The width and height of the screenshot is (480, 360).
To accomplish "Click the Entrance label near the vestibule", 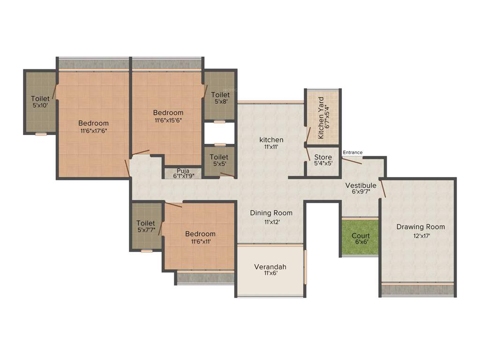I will point(352,152).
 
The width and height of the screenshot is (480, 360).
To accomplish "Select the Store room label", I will point(323,157).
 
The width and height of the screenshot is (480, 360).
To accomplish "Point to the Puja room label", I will point(183,171).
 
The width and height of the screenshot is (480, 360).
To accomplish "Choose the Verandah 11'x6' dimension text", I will point(270,273).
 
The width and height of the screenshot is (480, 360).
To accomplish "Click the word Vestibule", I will point(361,185).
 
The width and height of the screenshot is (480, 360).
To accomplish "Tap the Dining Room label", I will point(271,213).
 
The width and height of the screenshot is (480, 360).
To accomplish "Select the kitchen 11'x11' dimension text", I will point(271,147).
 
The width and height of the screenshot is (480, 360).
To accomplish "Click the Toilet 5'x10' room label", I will point(40,98).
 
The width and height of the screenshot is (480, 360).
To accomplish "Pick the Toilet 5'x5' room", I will point(219,160).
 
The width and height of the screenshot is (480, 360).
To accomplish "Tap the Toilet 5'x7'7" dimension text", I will point(146,230).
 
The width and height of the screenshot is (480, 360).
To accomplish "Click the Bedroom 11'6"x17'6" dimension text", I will point(93,131).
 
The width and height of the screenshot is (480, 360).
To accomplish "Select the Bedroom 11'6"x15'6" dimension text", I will point(168,120).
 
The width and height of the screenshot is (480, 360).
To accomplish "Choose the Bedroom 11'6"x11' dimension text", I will point(200,241).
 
